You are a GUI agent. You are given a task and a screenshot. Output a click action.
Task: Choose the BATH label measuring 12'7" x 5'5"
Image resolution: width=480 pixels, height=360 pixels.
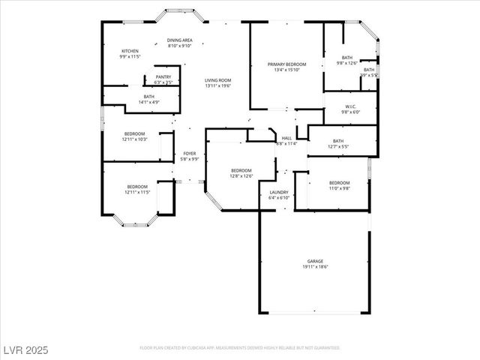pos(338,142)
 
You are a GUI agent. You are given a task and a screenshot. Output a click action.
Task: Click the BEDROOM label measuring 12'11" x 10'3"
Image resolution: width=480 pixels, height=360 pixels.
pos(135,136)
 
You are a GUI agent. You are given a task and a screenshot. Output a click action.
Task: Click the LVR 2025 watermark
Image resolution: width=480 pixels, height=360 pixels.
pos(25,349)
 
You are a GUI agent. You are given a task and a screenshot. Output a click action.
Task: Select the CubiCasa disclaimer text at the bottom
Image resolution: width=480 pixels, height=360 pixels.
pos(240,348)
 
